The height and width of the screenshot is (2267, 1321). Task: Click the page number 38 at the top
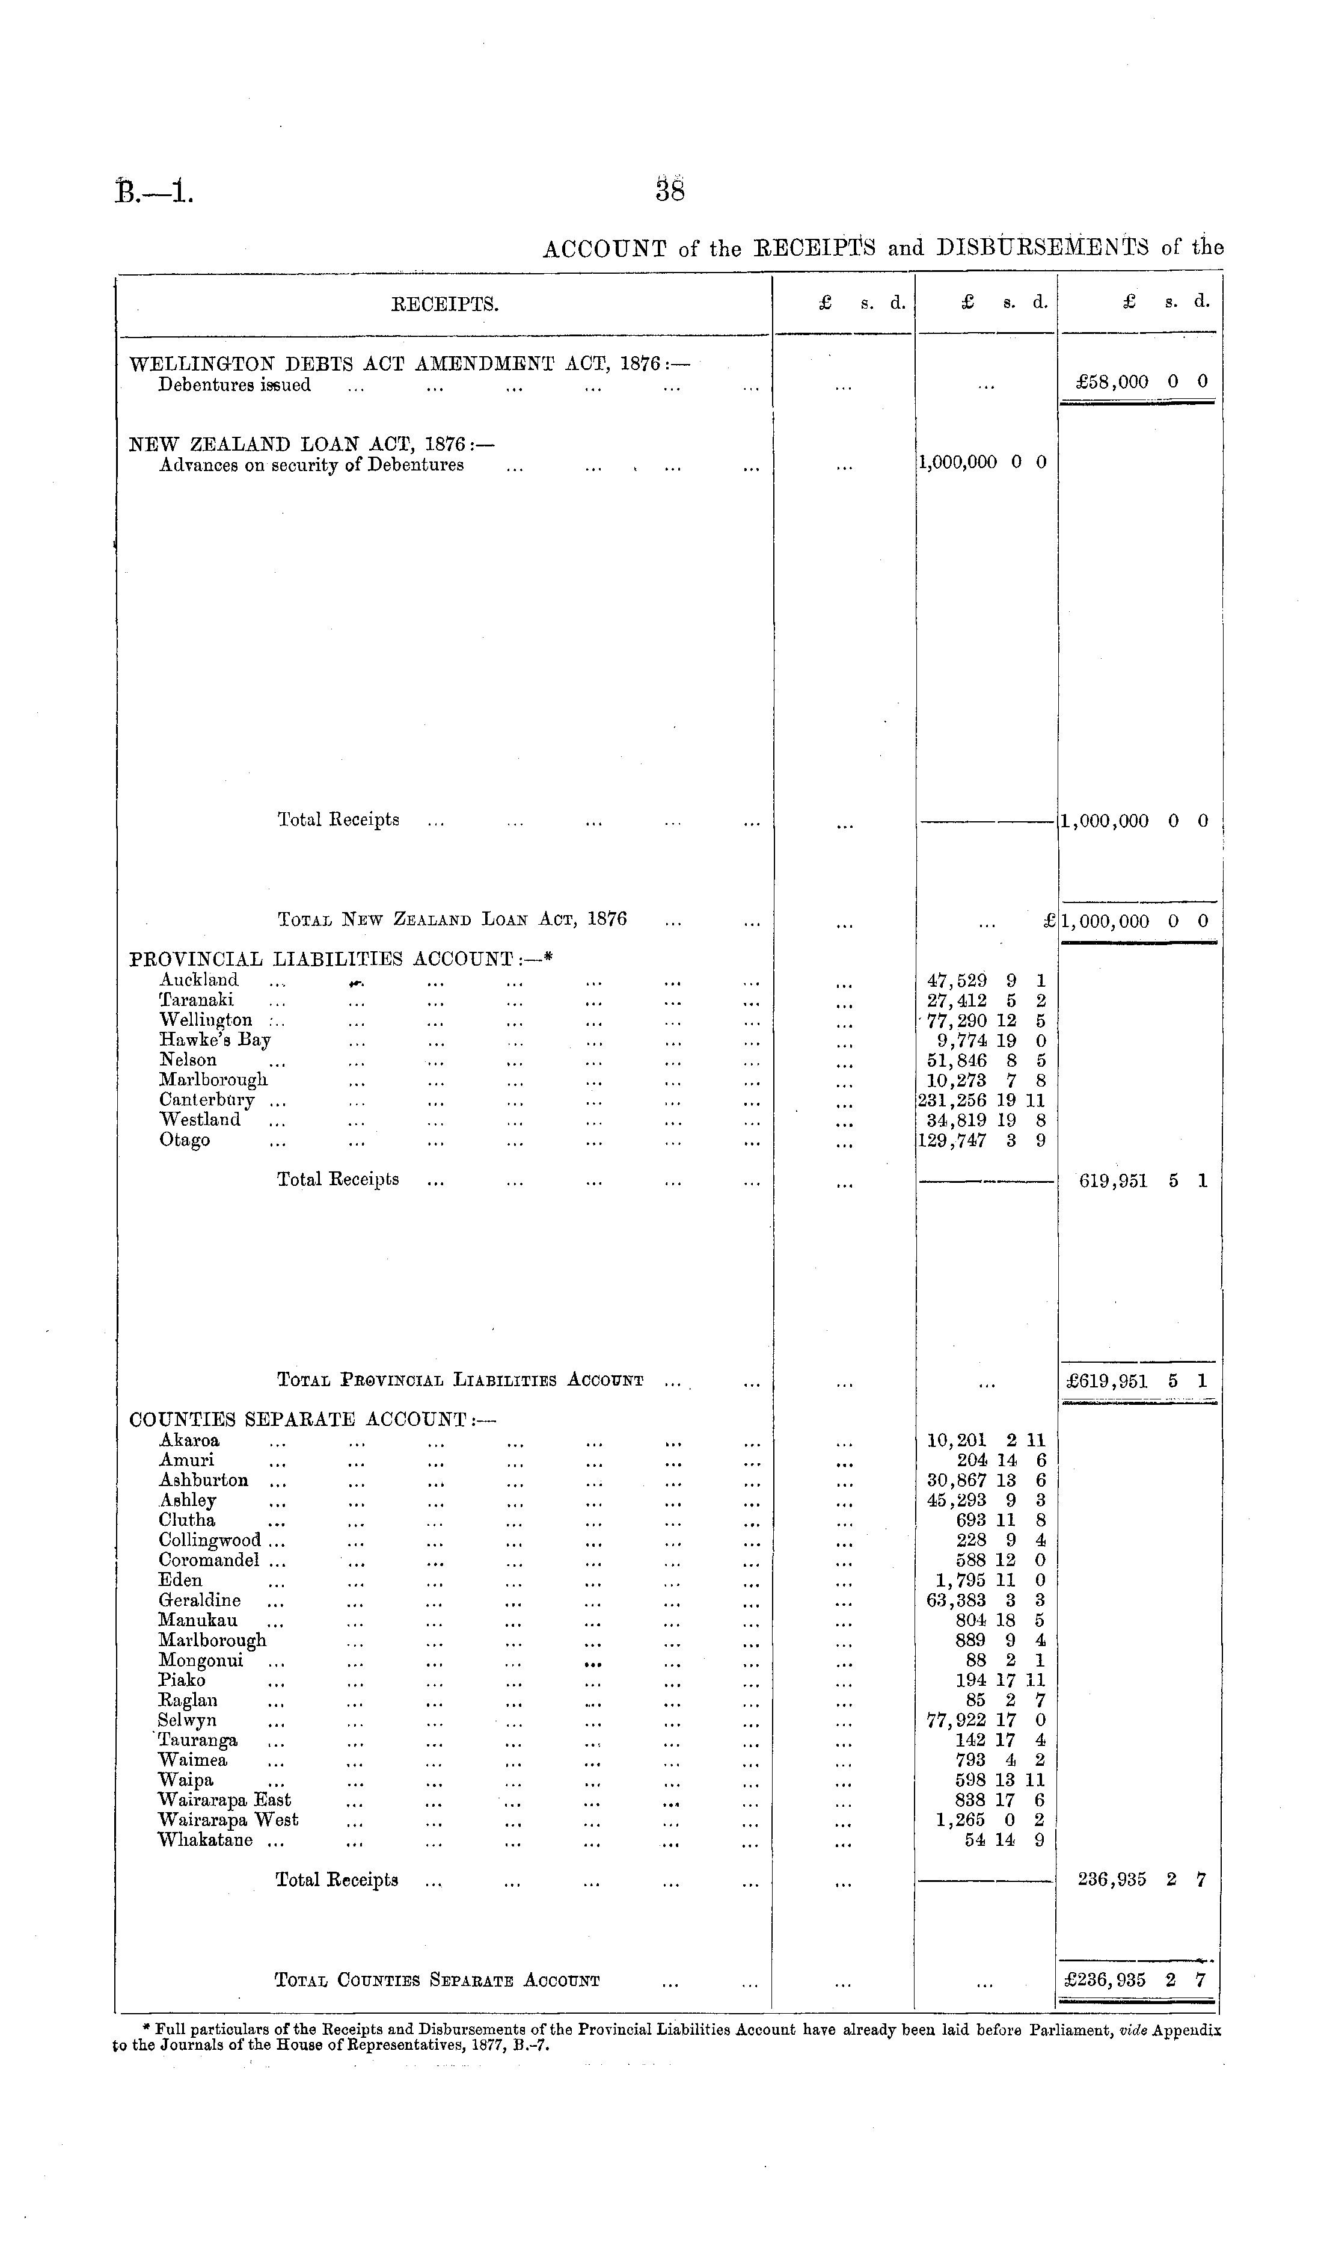coord(670,191)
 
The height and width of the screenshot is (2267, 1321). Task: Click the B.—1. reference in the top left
coord(154,191)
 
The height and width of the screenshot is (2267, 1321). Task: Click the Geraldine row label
coord(200,1600)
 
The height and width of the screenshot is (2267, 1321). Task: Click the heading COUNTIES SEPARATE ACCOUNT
coord(312,1419)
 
